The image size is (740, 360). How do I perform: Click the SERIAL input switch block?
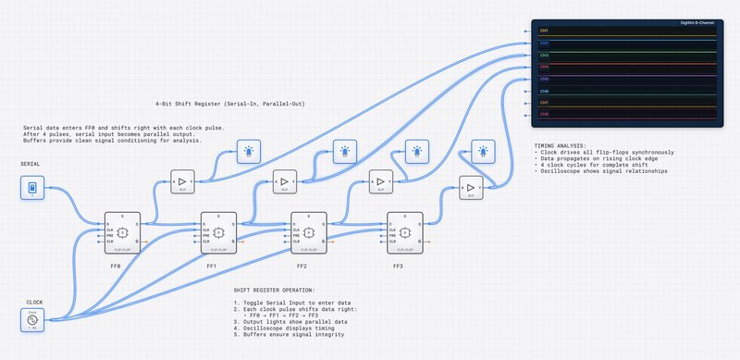[32, 188]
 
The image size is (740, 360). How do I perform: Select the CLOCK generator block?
[32, 319]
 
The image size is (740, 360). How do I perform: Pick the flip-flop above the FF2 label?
[310, 231]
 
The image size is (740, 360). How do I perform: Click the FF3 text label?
[398, 266]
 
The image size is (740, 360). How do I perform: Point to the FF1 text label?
[211, 266]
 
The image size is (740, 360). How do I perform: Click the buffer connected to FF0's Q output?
[182, 181]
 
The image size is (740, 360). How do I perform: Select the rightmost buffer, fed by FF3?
[471, 189]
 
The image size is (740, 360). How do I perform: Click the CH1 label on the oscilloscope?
[545, 31]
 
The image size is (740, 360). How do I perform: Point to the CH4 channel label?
[545, 67]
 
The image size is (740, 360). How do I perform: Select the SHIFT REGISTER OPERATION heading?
[275, 290]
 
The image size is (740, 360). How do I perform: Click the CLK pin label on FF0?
[111, 230]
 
